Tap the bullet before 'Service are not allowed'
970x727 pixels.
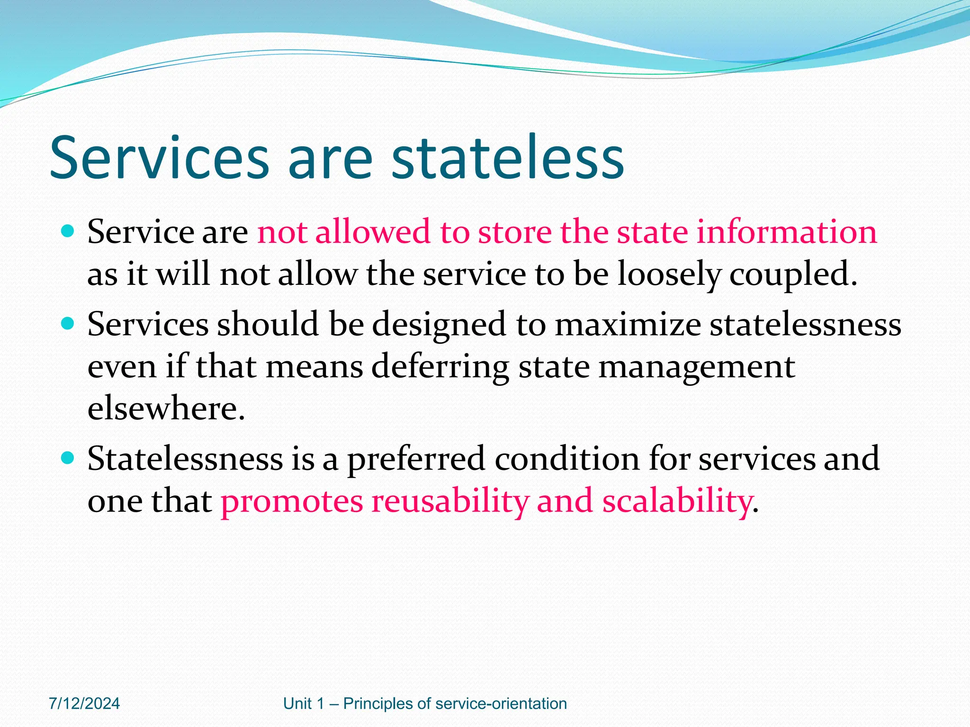68,231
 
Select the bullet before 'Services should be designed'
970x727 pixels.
68,324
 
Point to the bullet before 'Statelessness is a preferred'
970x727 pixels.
68,458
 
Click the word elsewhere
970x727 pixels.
166,408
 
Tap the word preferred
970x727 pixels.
416,459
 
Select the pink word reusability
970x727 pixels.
449,501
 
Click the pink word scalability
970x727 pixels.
677,501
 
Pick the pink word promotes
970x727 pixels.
292,501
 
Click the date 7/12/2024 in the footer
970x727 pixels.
84,704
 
